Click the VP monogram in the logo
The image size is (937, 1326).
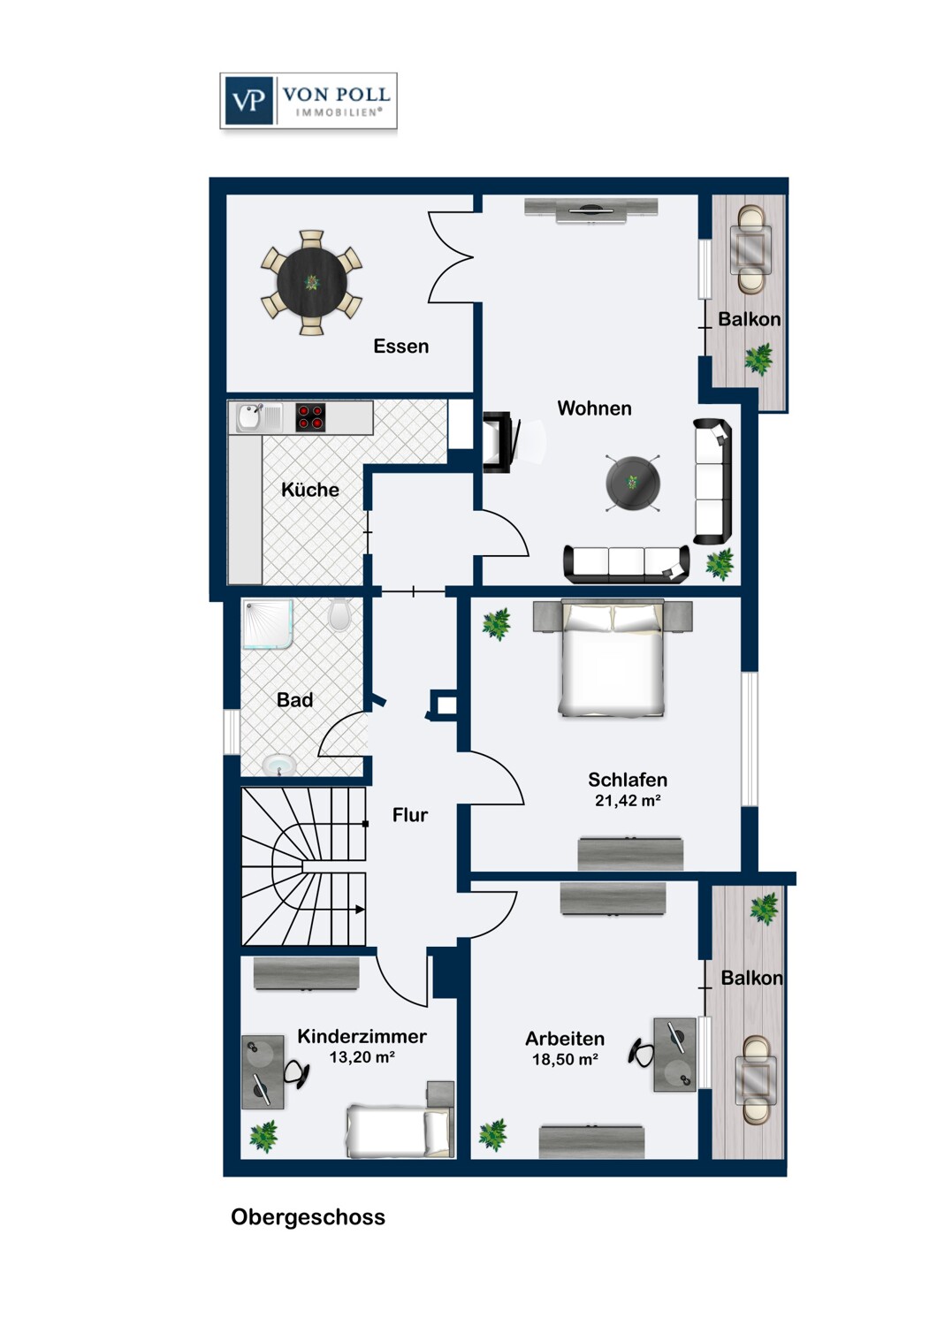(x=248, y=102)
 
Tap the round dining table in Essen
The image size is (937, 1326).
(x=312, y=282)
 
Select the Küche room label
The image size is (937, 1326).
(x=310, y=490)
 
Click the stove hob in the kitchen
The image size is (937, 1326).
(x=311, y=416)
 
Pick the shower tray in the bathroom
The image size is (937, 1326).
(x=268, y=624)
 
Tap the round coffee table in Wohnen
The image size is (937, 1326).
(x=632, y=482)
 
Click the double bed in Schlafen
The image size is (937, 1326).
(x=612, y=658)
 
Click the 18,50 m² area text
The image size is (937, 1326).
(x=565, y=1059)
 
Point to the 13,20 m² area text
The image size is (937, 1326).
(x=362, y=1056)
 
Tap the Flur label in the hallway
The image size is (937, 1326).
(x=409, y=815)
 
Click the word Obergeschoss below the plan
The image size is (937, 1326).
(x=308, y=1217)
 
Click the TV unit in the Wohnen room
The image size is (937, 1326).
(x=590, y=210)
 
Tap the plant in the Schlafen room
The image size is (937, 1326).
(x=496, y=624)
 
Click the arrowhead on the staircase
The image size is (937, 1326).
(x=360, y=910)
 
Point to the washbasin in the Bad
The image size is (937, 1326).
(x=278, y=765)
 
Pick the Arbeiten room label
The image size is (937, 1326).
(x=565, y=1039)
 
